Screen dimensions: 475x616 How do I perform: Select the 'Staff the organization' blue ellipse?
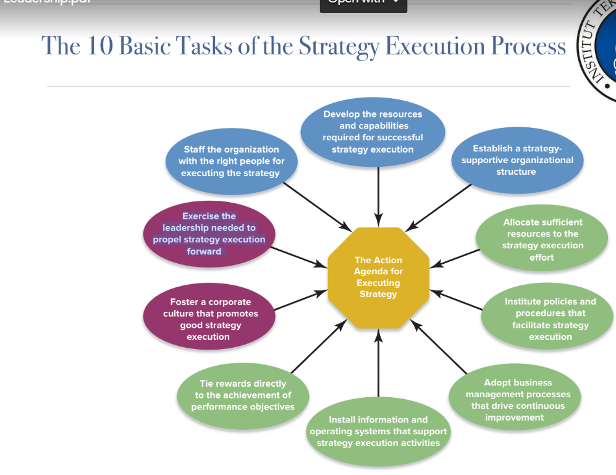coord(231,161)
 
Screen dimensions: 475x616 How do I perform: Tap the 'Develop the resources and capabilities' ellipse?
coord(373,132)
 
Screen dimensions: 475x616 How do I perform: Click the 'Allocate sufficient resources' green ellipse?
coord(542,240)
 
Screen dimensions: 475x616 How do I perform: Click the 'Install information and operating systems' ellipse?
coord(378,431)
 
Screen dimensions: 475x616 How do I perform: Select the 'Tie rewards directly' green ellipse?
coord(243,395)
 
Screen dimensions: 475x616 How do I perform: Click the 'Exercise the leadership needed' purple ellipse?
coord(209,233)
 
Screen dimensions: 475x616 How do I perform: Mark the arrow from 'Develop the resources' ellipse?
coord(378,195)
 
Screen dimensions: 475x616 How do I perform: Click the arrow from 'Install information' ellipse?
coord(378,368)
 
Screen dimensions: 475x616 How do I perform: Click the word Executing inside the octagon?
coord(378,283)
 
